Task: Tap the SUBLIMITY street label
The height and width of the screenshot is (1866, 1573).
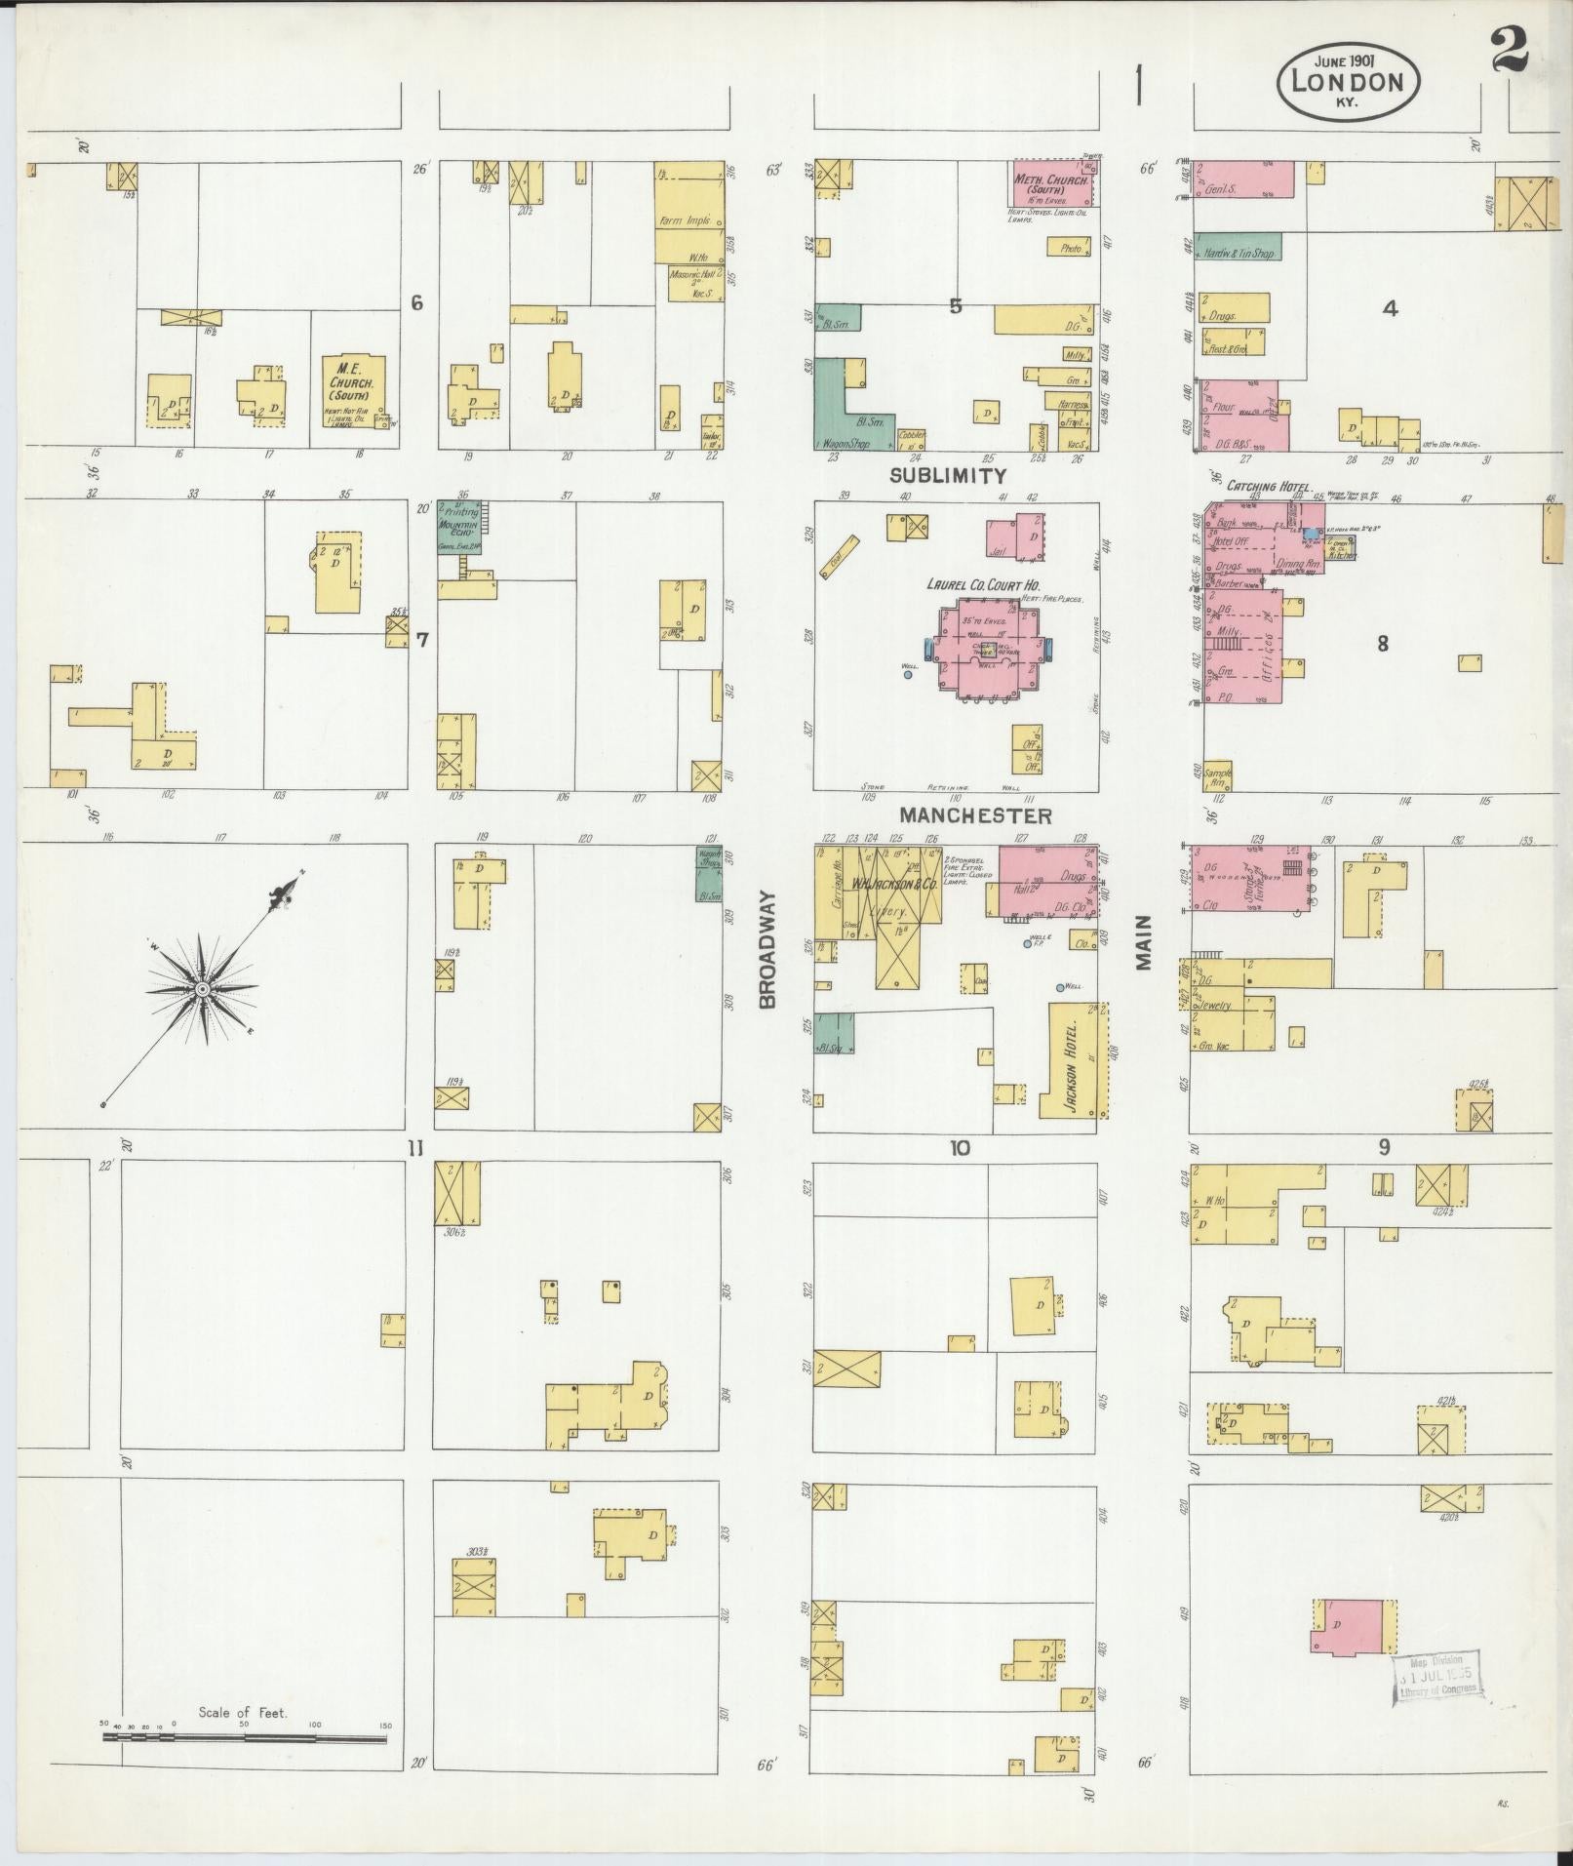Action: pyautogui.click(x=947, y=476)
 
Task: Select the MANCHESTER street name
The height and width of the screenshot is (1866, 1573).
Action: pyautogui.click(x=975, y=815)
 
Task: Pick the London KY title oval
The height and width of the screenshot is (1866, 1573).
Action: pyautogui.click(x=1347, y=85)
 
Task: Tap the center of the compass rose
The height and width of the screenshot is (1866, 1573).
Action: pyautogui.click(x=202, y=989)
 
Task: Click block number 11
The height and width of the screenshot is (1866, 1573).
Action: pyautogui.click(x=416, y=1148)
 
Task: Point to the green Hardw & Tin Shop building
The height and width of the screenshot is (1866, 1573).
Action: pyautogui.click(x=1238, y=247)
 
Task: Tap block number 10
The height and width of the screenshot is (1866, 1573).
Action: pyautogui.click(x=960, y=1148)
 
